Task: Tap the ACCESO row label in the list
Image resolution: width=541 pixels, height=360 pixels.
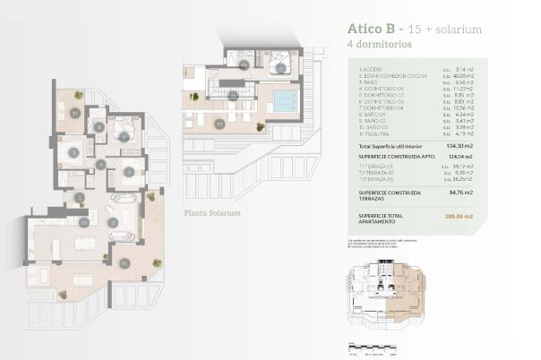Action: pos(372,69)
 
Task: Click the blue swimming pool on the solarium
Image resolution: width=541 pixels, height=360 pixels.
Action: pos(285,100)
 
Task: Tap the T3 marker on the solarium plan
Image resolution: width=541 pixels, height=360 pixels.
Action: pos(220,124)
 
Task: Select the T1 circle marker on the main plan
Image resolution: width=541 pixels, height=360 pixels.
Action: pos(125,262)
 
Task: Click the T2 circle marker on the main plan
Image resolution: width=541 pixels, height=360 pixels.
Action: pos(75,114)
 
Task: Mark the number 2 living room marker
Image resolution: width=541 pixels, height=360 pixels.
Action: pos(113,221)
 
